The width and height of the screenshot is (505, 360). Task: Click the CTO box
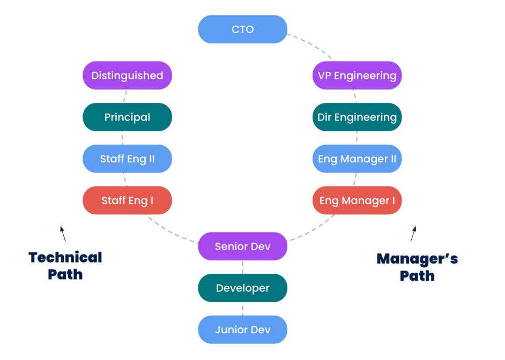click(x=242, y=29)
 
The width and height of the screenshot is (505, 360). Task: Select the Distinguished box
click(x=127, y=76)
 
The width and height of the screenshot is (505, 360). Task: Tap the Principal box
click(x=127, y=117)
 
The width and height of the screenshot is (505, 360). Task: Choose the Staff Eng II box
click(x=127, y=159)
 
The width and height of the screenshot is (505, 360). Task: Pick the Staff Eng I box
click(x=127, y=201)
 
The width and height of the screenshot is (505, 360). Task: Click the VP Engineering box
click(x=357, y=76)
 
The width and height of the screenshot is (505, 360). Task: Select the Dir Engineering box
click(x=357, y=117)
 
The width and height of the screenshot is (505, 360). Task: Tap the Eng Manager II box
click(x=357, y=159)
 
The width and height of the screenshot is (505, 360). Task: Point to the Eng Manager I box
click(x=357, y=201)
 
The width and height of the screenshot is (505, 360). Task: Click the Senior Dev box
click(x=242, y=246)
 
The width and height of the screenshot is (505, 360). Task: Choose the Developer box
click(x=242, y=288)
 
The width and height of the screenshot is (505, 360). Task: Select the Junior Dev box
click(x=242, y=330)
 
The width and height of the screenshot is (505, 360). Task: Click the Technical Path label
click(x=65, y=266)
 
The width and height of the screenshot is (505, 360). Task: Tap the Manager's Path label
click(x=417, y=267)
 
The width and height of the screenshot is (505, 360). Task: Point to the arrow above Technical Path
click(x=63, y=234)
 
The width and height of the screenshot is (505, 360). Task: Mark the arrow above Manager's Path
click(x=413, y=234)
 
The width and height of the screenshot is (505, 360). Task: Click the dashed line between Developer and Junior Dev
click(x=243, y=309)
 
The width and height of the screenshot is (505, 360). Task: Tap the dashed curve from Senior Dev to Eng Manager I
click(x=314, y=228)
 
